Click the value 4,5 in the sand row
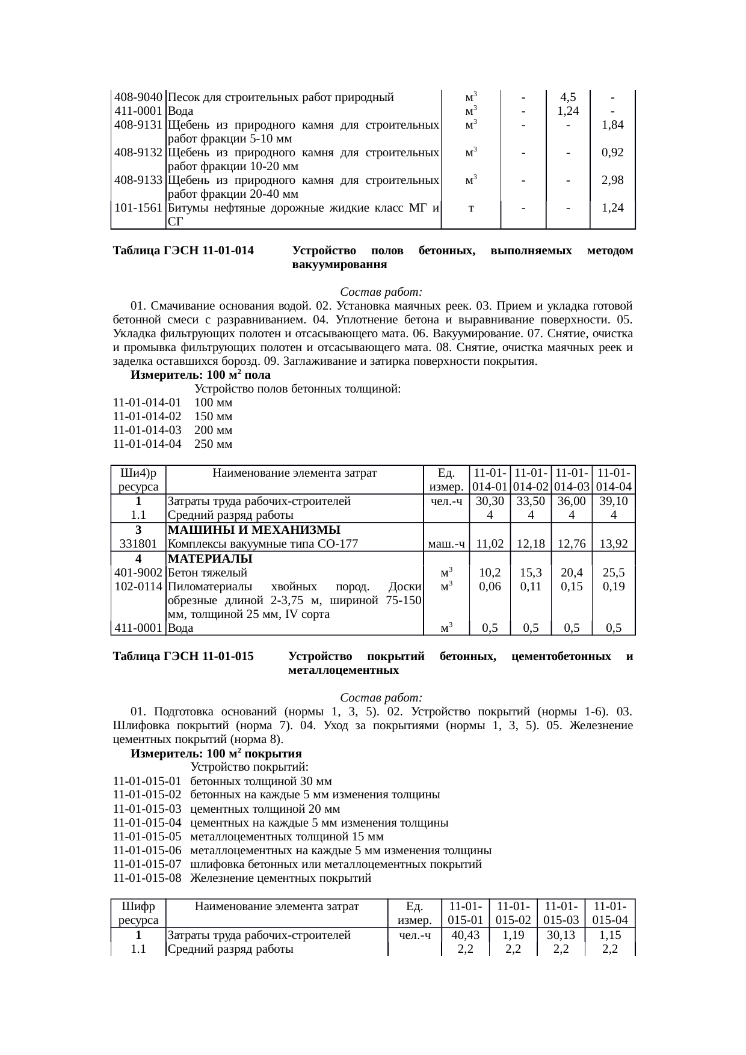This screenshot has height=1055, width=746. (567, 97)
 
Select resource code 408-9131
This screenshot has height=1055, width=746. (138, 125)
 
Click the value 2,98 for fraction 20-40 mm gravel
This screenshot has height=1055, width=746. (612, 180)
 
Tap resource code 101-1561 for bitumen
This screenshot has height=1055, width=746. (138, 208)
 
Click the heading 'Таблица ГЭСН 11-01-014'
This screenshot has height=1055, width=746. (183, 251)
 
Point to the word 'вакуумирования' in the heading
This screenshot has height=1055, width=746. (339, 265)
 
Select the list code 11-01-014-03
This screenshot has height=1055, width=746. (147, 430)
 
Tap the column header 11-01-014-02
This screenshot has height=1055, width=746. (531, 480)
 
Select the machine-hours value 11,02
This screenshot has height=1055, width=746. (490, 544)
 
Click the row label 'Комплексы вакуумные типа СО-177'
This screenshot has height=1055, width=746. (263, 544)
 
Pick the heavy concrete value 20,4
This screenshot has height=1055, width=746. (572, 573)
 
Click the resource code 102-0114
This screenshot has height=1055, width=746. (138, 587)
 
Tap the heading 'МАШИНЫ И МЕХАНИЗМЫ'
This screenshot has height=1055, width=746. (254, 530)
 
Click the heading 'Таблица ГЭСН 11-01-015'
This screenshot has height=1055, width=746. (183, 656)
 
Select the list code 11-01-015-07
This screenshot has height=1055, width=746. (147, 864)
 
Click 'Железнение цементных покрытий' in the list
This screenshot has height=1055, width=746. (281, 878)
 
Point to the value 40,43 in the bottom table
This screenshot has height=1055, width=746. (466, 935)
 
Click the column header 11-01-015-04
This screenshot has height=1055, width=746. (610, 914)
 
